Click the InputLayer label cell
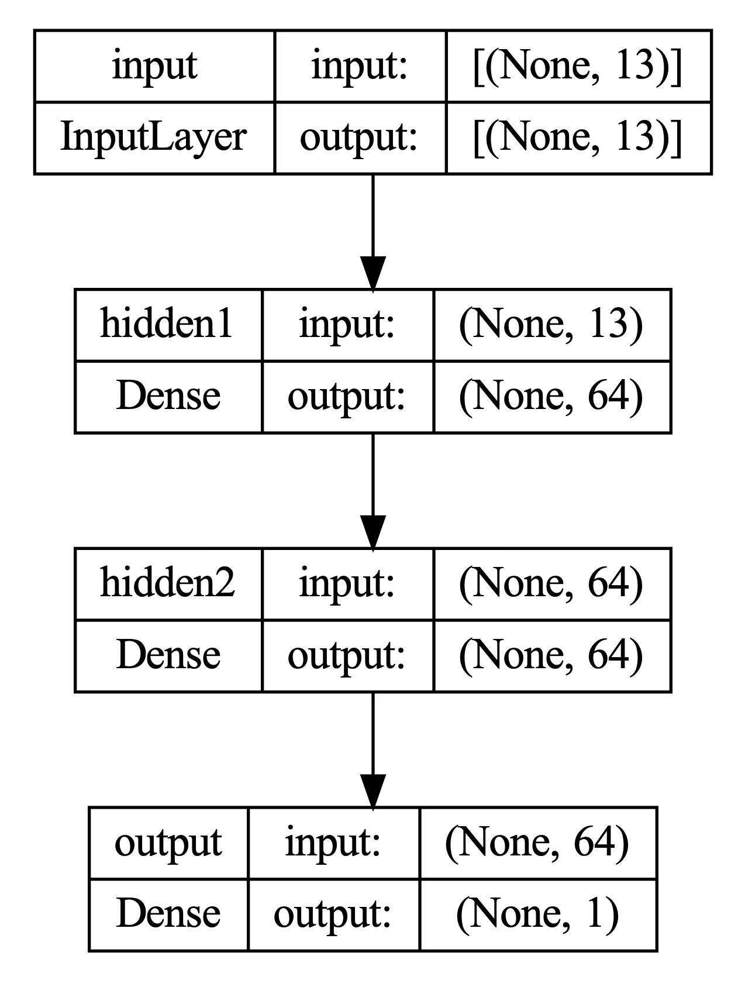coord(154,138)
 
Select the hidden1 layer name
coord(168,324)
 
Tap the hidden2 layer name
coord(168,583)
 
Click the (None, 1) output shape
coord(537,914)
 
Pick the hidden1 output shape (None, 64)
coord(551,397)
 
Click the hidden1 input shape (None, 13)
coord(551,324)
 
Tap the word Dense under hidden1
coord(168,397)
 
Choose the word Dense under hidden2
coord(168,656)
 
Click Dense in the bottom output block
coord(168,914)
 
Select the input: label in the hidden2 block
coord(347,583)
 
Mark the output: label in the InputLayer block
coord(359,138)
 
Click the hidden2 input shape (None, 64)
coord(551,583)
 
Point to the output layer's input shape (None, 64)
coord(537,843)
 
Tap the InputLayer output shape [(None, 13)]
coord(578,138)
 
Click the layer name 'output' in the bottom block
coord(168,843)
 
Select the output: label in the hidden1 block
coord(347,397)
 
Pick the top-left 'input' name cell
coord(154,66)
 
